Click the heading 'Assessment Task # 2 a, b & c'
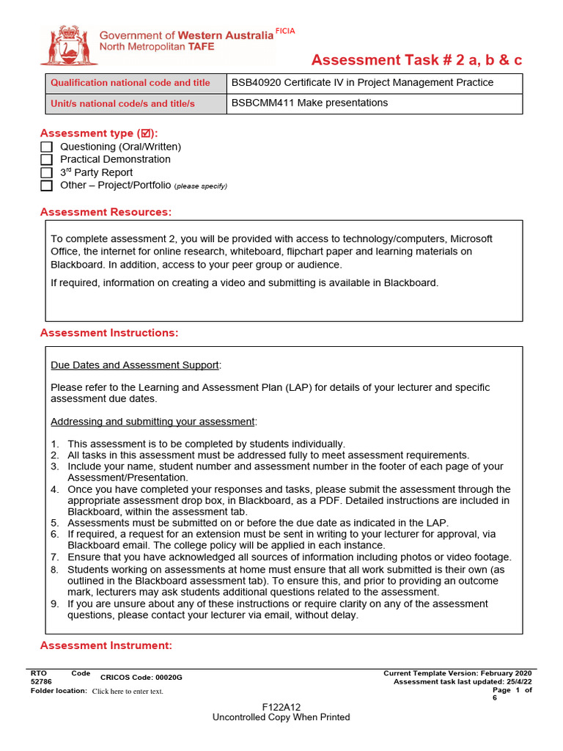pyautogui.click(x=416, y=60)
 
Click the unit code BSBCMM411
pyautogui.click(x=259, y=103)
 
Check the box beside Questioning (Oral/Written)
pyautogui.click(x=46, y=147)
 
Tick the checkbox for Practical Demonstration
pyautogui.click(x=46, y=159)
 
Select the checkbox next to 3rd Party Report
pyautogui.click(x=46, y=172)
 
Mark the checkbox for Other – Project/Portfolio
pyautogui.click(x=46, y=186)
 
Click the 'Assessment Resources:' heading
pyautogui.click(x=106, y=212)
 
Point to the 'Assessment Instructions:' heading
pyautogui.click(x=108, y=333)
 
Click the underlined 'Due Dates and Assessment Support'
pyautogui.click(x=135, y=365)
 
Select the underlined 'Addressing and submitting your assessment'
pyautogui.click(x=153, y=422)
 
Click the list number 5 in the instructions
pyautogui.click(x=54, y=523)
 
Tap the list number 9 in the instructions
pyautogui.click(x=54, y=604)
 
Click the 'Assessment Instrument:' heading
pyautogui.click(x=106, y=645)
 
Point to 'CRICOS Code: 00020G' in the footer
pyautogui.click(x=141, y=678)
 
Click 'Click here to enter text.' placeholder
pyautogui.click(x=128, y=691)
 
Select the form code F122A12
pyautogui.click(x=281, y=707)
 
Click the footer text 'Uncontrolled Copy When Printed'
pyautogui.click(x=281, y=717)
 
